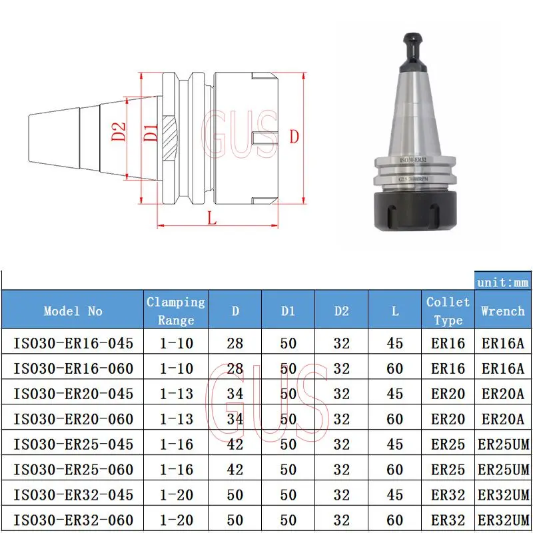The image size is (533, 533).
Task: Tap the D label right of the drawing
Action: (x=294, y=135)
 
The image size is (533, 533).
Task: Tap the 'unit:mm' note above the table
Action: (x=503, y=282)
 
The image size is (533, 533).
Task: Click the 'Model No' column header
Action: (x=73, y=310)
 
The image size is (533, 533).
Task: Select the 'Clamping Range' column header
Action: (x=176, y=310)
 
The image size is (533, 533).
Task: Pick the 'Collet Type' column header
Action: (x=448, y=310)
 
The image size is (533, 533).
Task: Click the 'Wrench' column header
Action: (x=502, y=310)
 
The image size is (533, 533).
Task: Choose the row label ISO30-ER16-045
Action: (x=73, y=343)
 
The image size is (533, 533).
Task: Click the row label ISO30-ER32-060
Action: (x=73, y=520)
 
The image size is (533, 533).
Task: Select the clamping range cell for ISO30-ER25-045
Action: (x=176, y=444)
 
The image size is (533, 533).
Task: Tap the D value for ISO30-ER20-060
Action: (x=235, y=419)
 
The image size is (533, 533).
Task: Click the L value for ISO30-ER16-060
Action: (x=394, y=368)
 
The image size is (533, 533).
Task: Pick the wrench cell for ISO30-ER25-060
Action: (x=503, y=470)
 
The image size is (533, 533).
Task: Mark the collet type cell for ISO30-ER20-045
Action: (x=448, y=394)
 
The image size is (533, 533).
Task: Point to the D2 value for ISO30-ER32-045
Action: (x=341, y=495)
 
